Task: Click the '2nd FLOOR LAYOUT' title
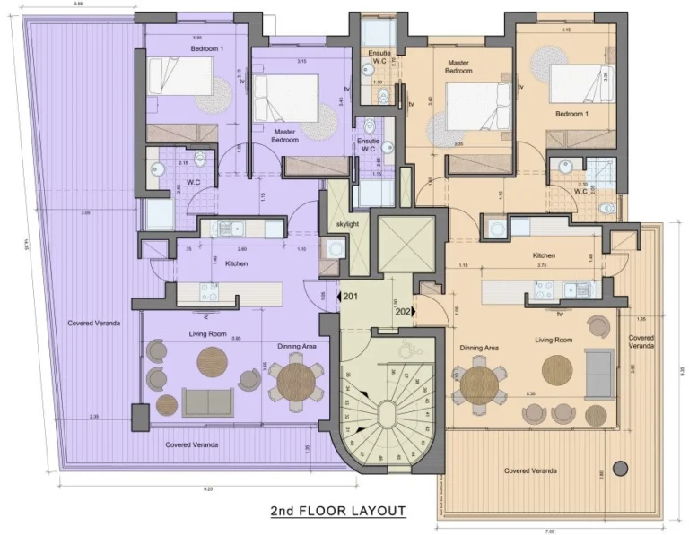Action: [x=338, y=512]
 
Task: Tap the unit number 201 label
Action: [x=350, y=296]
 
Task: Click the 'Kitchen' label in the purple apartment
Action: [x=236, y=263]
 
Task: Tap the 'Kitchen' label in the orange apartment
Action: [x=544, y=255]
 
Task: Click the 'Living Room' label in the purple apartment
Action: [x=205, y=334]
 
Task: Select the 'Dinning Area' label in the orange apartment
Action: [x=479, y=347]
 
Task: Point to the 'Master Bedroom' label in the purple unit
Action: [x=285, y=135]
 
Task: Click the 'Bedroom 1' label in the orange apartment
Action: [x=571, y=114]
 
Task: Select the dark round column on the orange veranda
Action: [x=619, y=468]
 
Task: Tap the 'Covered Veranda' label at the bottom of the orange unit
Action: [x=529, y=470]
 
